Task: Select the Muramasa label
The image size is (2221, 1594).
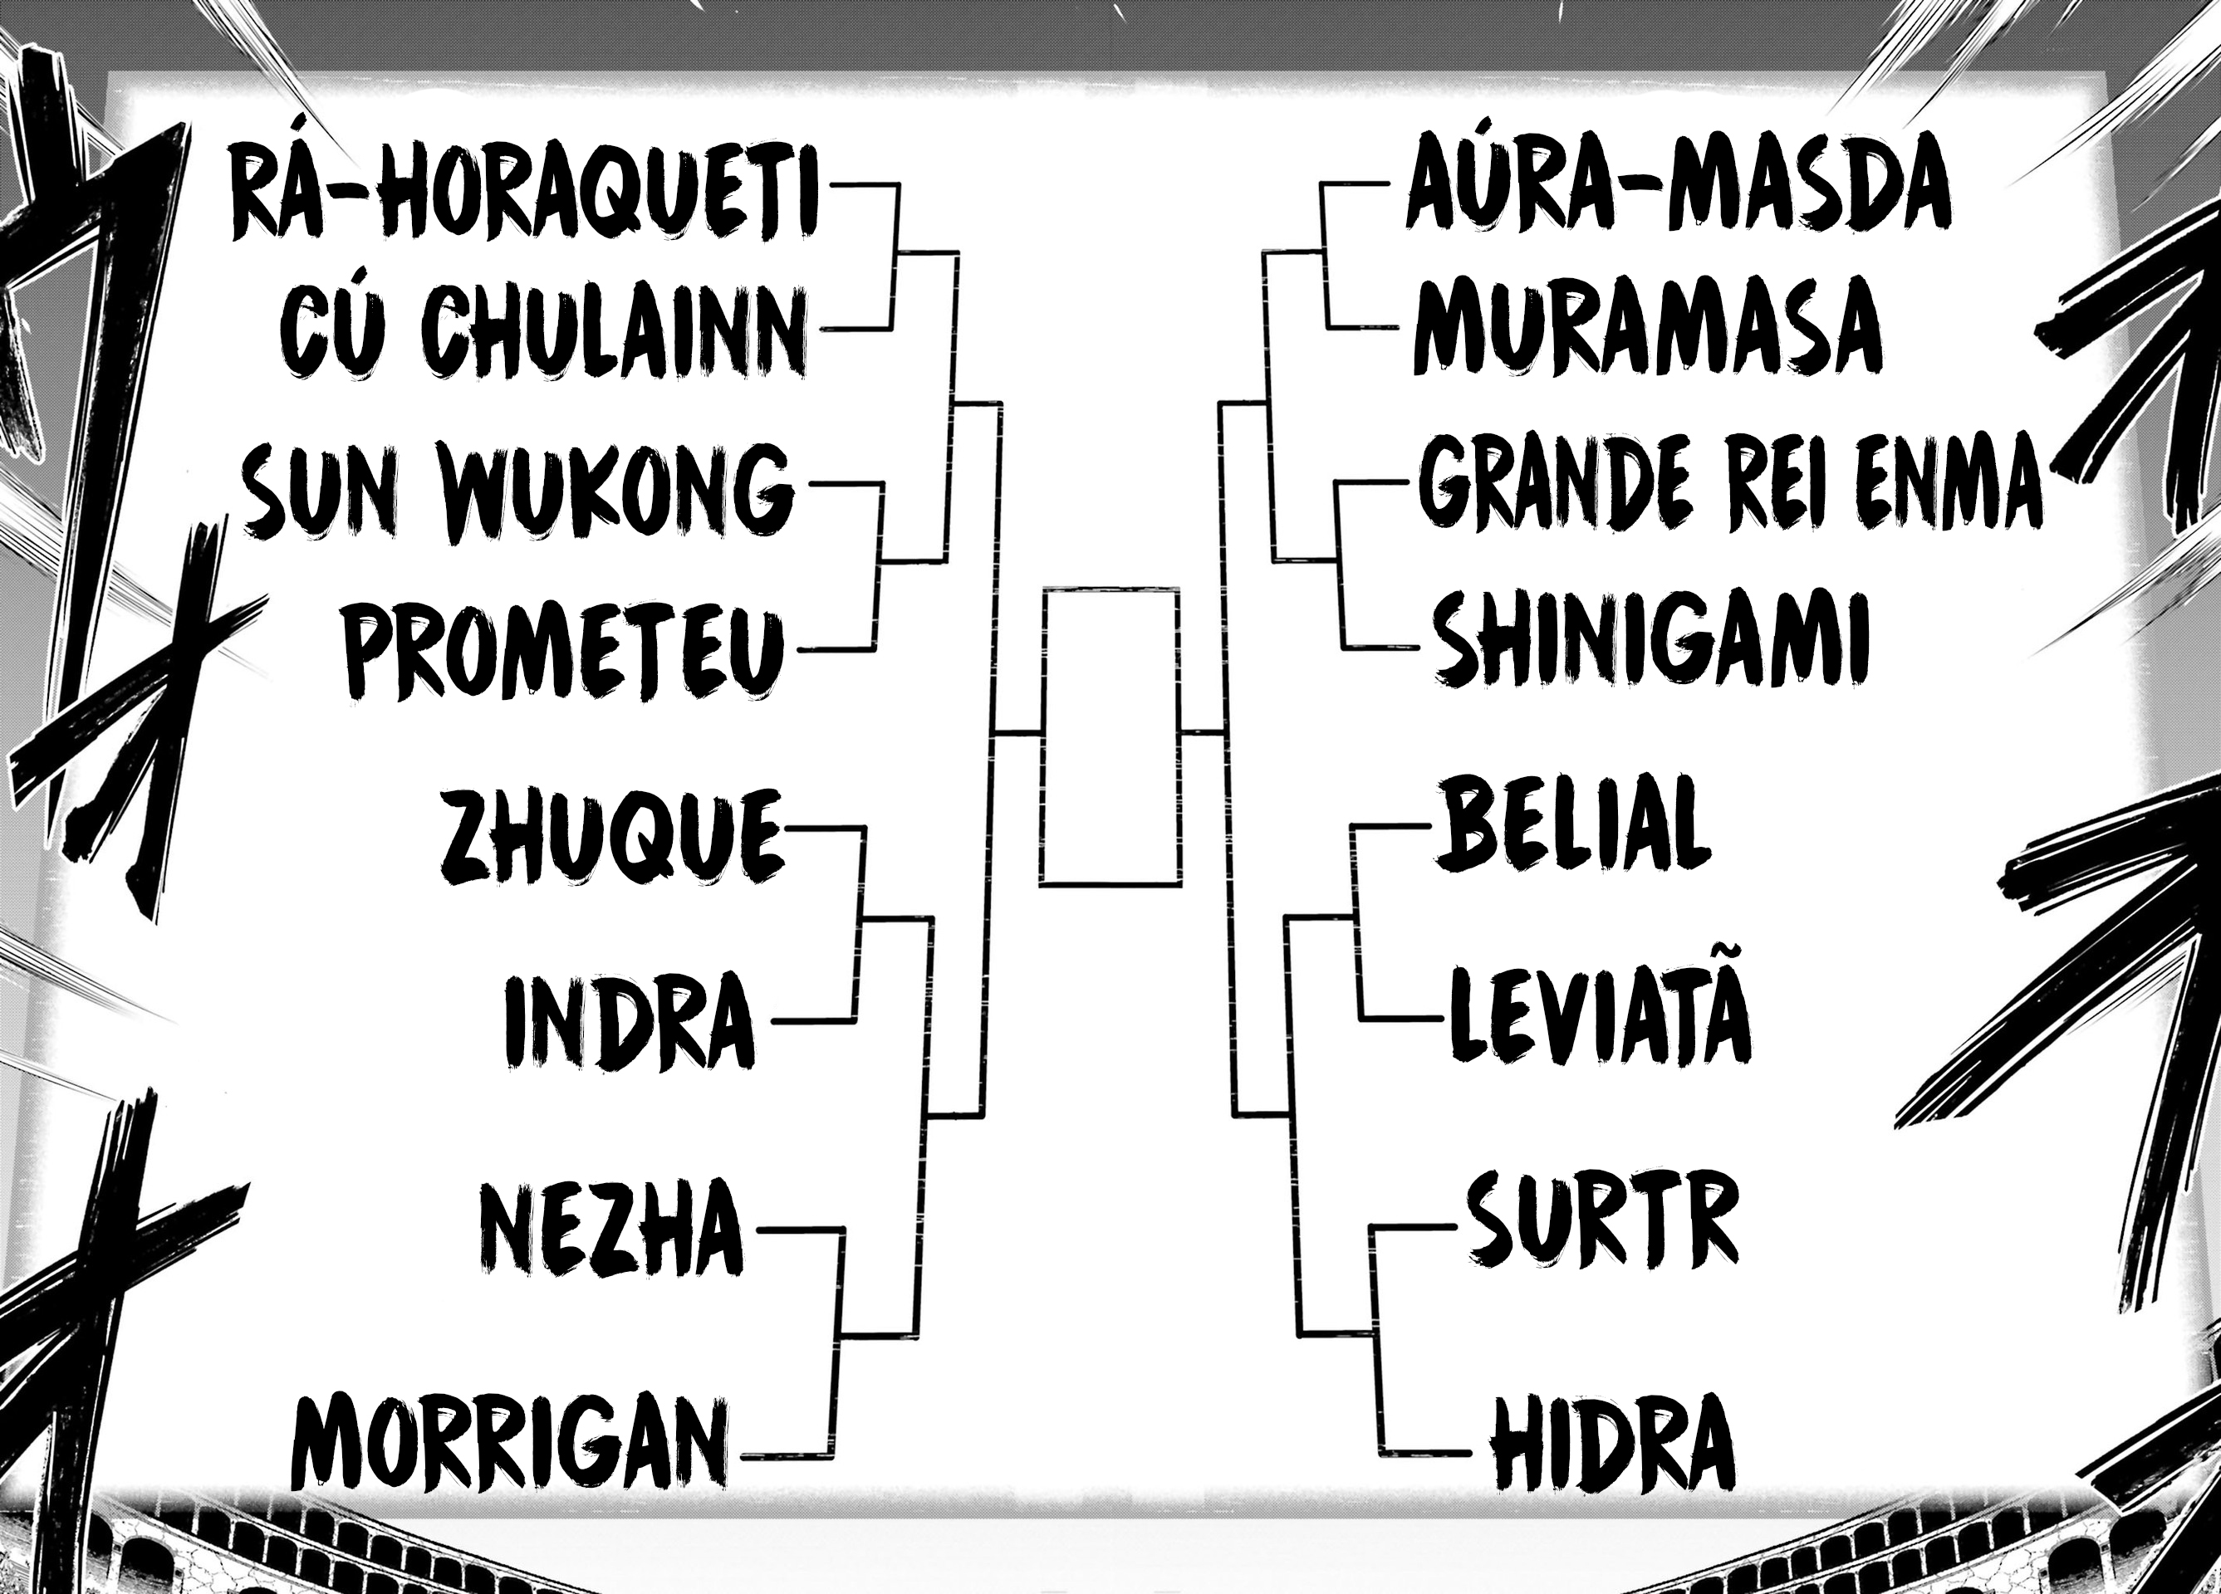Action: pyautogui.click(x=1647, y=327)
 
